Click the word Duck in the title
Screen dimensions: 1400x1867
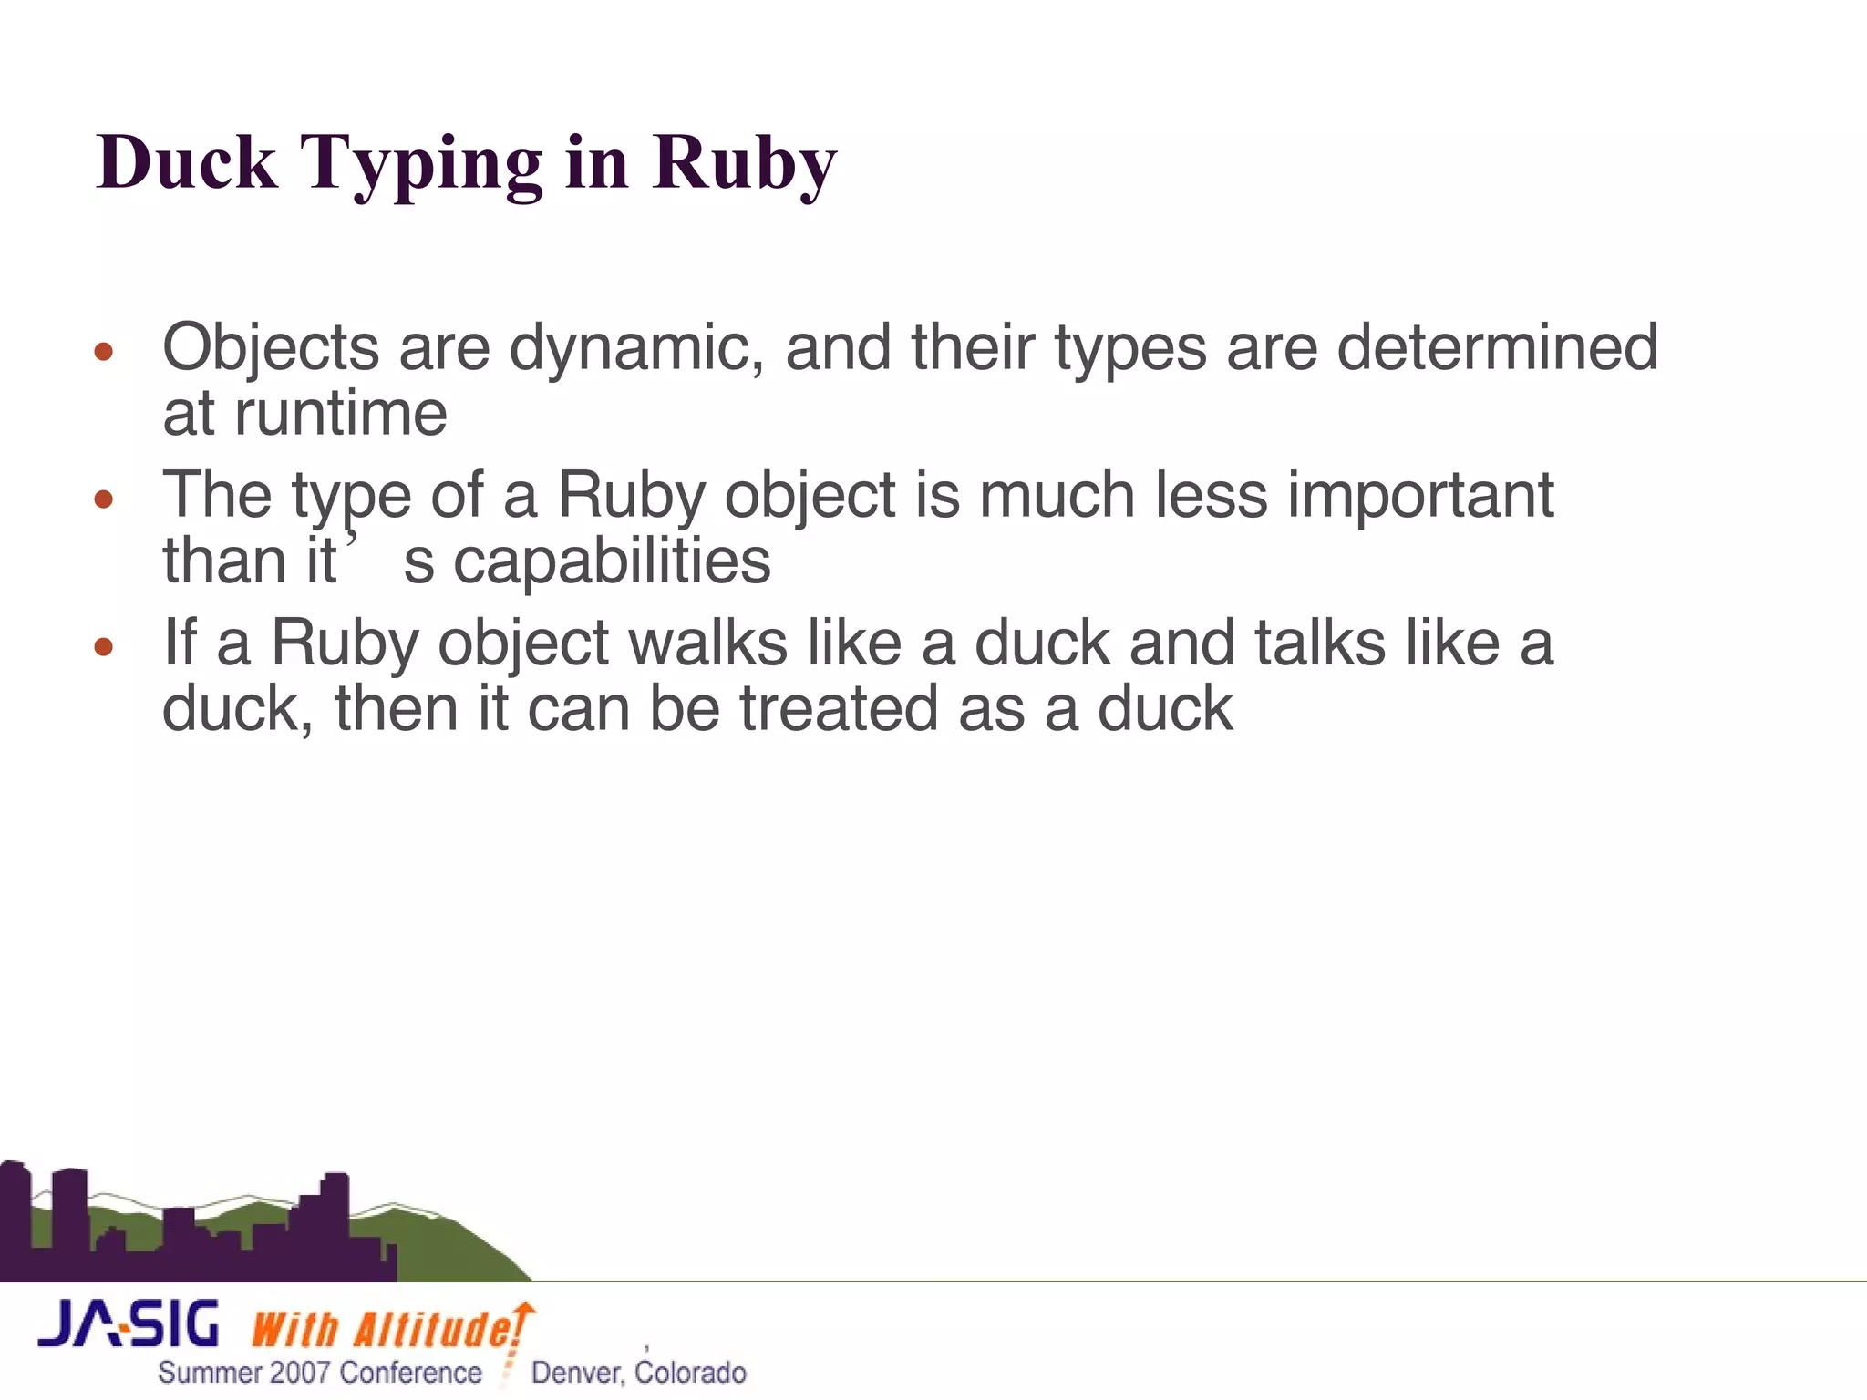(187, 162)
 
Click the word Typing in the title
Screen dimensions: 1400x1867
(420, 164)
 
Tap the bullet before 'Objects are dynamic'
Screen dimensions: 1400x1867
(104, 351)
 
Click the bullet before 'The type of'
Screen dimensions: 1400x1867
(104, 499)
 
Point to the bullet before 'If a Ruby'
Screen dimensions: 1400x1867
(104, 646)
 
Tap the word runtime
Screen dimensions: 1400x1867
(341, 414)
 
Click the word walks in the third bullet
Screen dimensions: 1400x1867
(708, 643)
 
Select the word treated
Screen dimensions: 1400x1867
(838, 709)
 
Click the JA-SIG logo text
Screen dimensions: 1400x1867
(129, 1324)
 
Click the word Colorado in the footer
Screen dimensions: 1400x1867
(691, 1373)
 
